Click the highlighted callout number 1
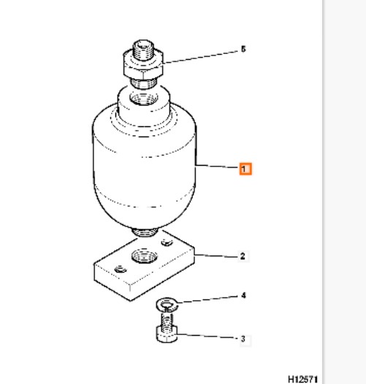[245, 169]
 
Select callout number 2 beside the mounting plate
[243, 256]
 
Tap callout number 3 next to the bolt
[243, 339]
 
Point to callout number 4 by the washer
[243, 296]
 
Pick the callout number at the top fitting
[243, 49]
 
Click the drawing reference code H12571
[303, 379]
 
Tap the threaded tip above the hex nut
[144, 50]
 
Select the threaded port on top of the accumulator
[144, 98]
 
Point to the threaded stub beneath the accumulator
[145, 232]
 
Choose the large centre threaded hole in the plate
[145, 256]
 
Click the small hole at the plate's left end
[121, 269]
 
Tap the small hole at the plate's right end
[167, 242]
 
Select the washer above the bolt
[167, 305]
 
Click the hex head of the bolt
[167, 334]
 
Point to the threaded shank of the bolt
[167, 318]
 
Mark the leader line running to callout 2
[216, 256]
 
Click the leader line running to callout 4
[208, 299]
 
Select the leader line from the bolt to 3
[207, 336]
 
